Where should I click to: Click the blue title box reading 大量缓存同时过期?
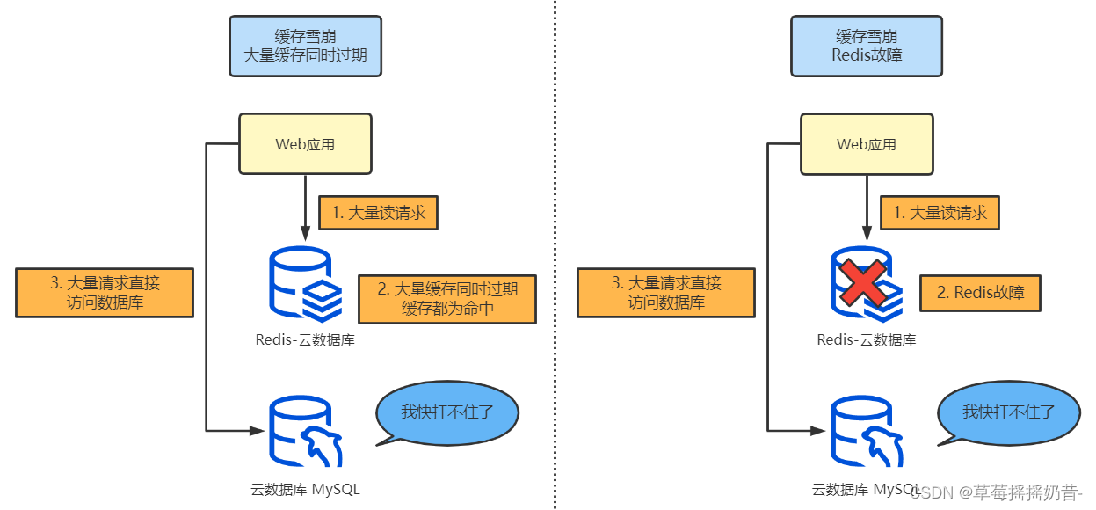click(305, 46)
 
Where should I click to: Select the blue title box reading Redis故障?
click(867, 46)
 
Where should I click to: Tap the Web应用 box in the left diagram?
click(305, 144)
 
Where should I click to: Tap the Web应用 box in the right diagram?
click(867, 144)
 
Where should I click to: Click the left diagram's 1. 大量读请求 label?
click(378, 212)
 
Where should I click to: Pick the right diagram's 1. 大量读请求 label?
click(940, 212)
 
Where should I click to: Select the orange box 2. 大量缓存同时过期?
click(446, 299)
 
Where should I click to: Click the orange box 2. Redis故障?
click(980, 293)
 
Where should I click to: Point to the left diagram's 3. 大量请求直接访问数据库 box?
click(105, 293)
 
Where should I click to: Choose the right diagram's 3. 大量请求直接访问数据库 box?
click(666, 293)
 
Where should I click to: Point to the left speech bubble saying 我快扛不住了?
click(446, 413)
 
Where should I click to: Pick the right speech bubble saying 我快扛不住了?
click(1008, 413)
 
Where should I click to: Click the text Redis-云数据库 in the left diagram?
click(305, 340)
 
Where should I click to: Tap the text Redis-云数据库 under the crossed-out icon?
click(867, 340)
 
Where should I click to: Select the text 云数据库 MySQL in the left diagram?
click(305, 490)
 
